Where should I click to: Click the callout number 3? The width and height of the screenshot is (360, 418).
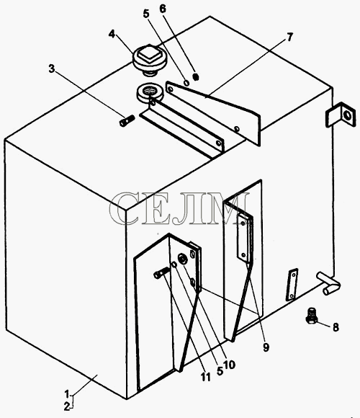[52, 68]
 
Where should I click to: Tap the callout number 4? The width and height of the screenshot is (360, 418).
[112, 34]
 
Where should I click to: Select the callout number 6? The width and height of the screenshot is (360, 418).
[163, 9]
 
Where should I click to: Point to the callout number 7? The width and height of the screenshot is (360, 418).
[289, 37]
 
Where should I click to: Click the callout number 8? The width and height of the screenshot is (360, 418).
[336, 326]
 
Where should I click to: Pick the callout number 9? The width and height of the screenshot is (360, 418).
[266, 347]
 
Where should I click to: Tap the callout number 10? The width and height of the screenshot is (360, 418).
[230, 365]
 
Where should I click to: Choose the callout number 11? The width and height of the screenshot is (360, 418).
[206, 377]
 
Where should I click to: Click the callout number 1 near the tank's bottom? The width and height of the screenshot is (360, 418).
[67, 394]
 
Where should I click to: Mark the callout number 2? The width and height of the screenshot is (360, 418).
[67, 406]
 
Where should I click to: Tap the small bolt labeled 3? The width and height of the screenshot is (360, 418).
[126, 121]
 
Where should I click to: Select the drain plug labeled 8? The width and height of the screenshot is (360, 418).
[311, 316]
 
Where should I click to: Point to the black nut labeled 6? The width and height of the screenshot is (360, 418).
[196, 77]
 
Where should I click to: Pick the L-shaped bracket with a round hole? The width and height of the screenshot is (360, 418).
[341, 115]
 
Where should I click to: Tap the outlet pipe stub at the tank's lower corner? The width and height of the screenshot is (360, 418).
[328, 283]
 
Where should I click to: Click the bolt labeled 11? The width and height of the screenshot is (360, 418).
[161, 272]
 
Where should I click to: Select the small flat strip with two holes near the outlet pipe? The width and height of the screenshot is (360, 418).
[292, 284]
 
